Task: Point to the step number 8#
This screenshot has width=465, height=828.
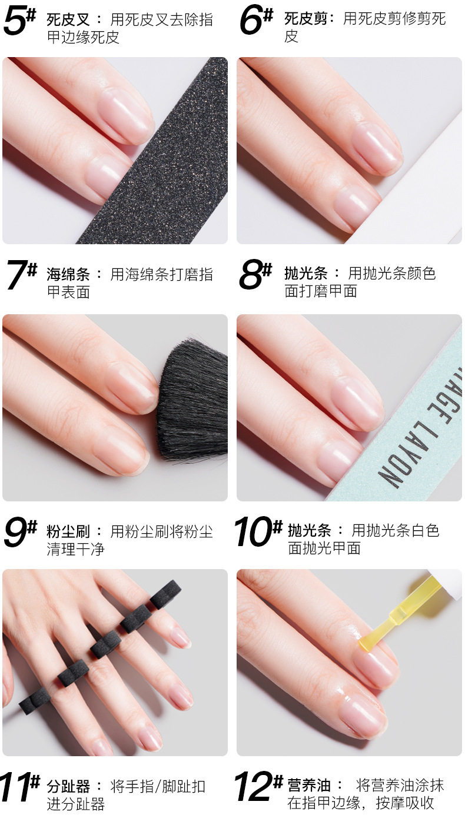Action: click(255, 274)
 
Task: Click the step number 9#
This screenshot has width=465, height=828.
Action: click(21, 531)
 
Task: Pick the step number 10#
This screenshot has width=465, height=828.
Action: click(258, 531)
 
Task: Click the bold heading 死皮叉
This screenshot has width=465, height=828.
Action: click(68, 19)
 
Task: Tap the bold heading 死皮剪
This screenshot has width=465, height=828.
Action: click(305, 18)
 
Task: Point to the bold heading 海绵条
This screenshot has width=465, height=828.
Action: click(68, 274)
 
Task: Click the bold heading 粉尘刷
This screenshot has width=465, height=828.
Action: click(68, 531)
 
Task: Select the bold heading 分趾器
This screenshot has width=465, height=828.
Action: click(68, 786)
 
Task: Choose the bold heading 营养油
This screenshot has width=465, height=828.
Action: click(309, 786)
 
